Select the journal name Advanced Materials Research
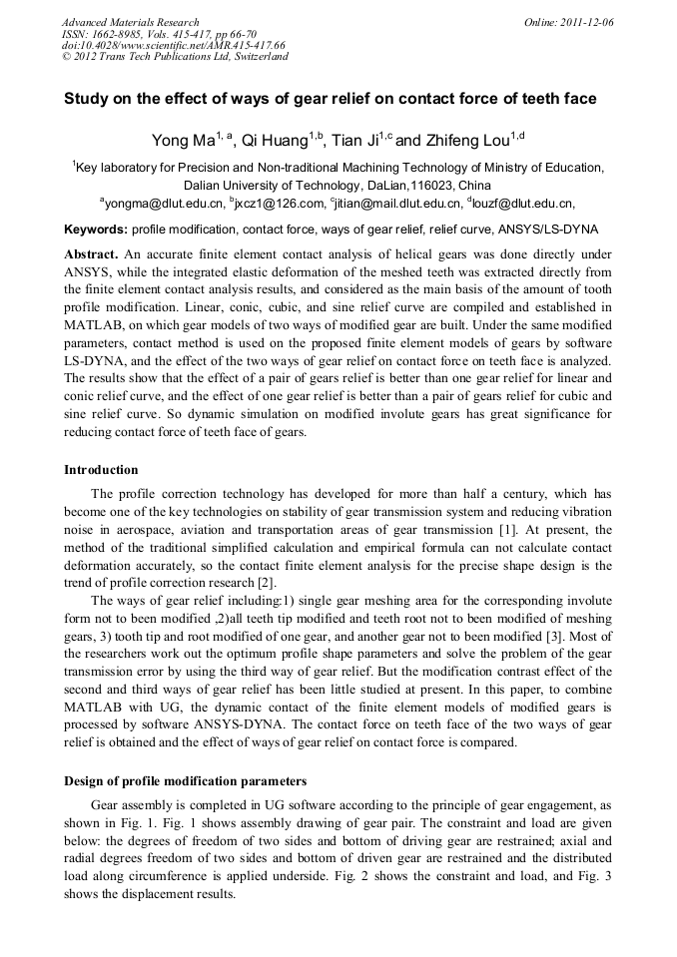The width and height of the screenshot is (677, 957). (131, 21)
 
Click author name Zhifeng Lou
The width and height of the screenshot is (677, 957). (465, 141)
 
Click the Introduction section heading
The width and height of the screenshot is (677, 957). (101, 469)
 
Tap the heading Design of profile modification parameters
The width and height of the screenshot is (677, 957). (185, 780)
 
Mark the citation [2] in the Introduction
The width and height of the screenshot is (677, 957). (267, 583)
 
